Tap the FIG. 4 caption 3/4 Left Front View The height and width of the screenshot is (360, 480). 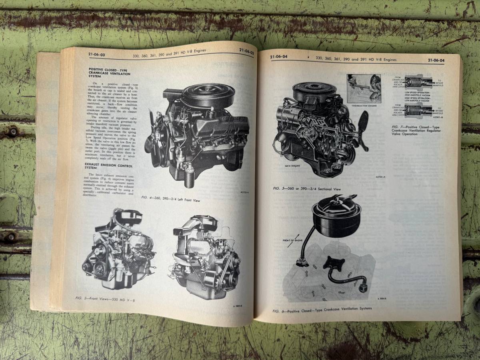click(171, 199)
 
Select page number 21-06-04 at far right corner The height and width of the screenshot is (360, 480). click(438, 60)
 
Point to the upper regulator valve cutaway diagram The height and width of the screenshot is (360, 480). click(418, 82)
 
